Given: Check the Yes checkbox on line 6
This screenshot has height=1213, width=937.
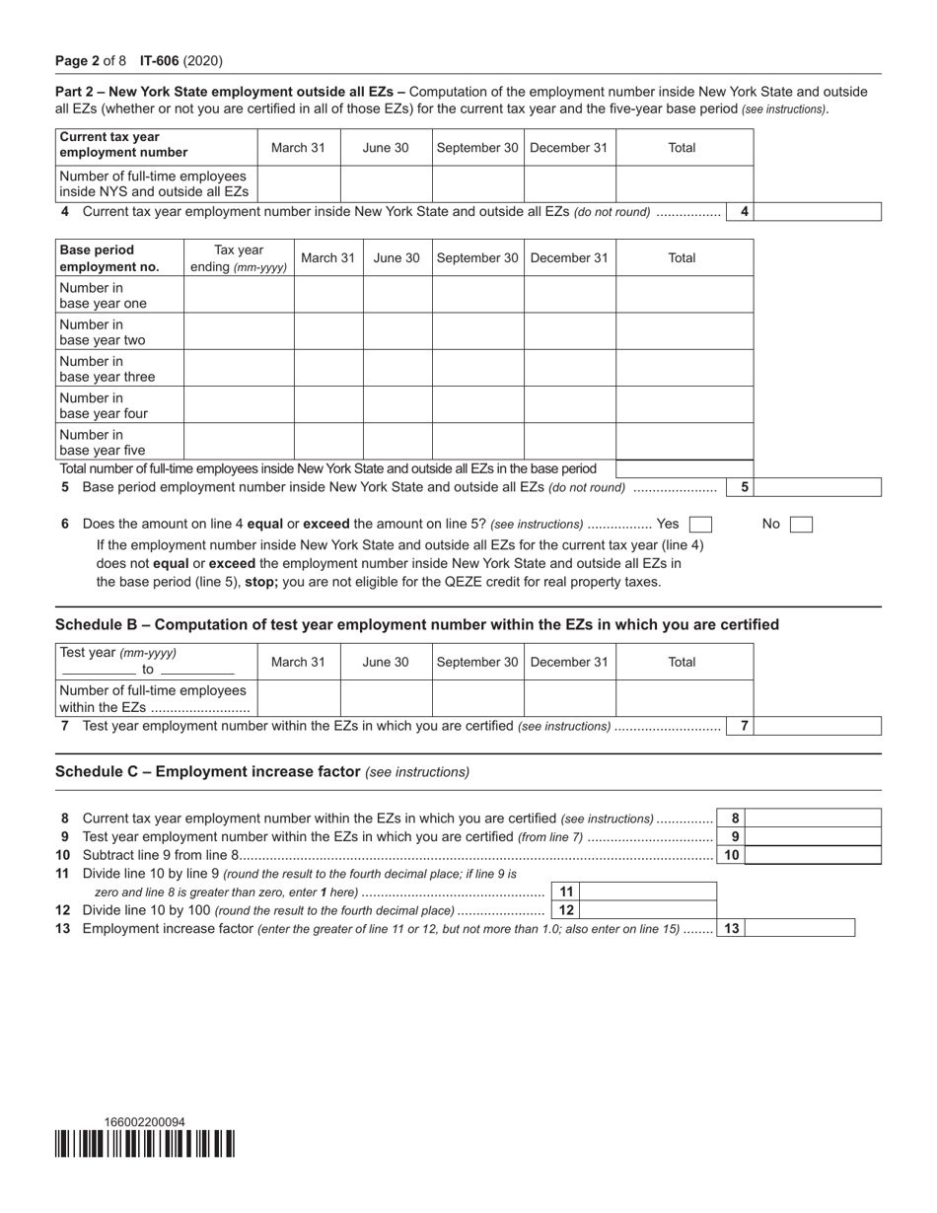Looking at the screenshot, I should point(700,525).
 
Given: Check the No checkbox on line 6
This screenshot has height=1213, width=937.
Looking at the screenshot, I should point(801,525).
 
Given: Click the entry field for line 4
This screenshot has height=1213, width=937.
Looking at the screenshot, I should point(818,212).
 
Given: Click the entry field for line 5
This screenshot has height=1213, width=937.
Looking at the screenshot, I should point(818,487).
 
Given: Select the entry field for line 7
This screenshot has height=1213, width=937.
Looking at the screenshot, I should point(818,727).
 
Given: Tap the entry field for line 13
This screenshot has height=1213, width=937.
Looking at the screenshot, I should point(800,928).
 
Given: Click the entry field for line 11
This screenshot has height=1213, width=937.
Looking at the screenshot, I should point(648,892).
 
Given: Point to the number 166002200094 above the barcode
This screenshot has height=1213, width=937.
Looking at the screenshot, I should point(144,1122).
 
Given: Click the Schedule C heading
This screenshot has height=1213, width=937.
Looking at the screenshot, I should point(207,771).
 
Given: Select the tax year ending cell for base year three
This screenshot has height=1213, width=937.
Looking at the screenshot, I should point(239,369).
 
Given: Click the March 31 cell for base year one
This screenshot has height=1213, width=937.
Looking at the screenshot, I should point(327,295).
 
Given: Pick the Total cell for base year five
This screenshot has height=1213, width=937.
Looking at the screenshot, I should point(684,442).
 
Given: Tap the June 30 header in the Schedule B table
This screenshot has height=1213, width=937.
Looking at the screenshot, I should point(386,662).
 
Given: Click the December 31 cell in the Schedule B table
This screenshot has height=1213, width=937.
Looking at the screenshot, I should point(569,697).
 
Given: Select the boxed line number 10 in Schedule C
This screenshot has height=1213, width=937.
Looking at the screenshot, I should point(731,855).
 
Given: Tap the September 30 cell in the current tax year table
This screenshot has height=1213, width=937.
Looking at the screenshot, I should point(477,183).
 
